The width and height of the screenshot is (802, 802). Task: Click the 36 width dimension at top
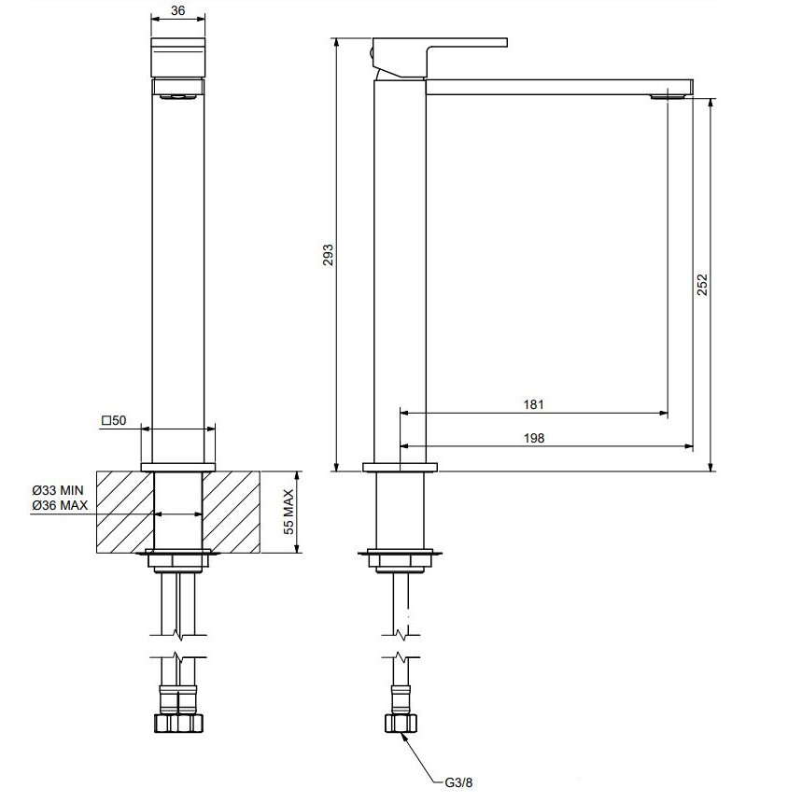pyautogui.click(x=177, y=10)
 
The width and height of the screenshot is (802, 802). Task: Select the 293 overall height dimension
pyautogui.click(x=328, y=255)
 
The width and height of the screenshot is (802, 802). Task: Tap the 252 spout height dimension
pyautogui.click(x=702, y=285)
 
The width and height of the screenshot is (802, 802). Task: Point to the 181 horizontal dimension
pyautogui.click(x=533, y=404)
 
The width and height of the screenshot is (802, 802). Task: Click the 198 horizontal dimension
pyautogui.click(x=534, y=438)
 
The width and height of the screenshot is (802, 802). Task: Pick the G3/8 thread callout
pyautogui.click(x=458, y=782)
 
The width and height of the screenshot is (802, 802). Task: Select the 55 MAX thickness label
pyautogui.click(x=289, y=512)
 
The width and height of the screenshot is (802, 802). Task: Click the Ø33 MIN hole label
pyautogui.click(x=57, y=490)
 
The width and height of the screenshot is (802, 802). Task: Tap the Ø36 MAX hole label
pyautogui.click(x=60, y=505)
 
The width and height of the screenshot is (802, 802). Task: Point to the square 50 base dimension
pyautogui.click(x=114, y=420)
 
